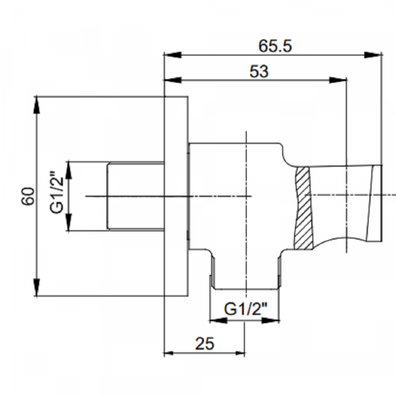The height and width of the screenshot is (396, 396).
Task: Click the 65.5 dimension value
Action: tap(275, 46)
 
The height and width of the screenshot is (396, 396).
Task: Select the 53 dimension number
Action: tap(259, 71)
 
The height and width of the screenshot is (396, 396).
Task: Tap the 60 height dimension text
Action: tap(28, 196)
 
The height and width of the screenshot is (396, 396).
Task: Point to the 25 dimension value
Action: tap(205, 343)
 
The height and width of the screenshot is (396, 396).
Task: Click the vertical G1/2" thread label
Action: tap(57, 193)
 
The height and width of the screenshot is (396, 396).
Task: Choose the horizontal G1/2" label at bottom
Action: tap(246, 309)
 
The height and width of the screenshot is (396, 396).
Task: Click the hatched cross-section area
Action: tap(303, 208)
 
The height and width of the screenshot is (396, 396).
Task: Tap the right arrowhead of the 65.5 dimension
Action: tap(373, 55)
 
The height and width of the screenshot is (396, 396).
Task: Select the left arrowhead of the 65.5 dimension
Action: tap(173, 55)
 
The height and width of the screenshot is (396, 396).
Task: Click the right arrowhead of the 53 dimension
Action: tap(338, 80)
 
